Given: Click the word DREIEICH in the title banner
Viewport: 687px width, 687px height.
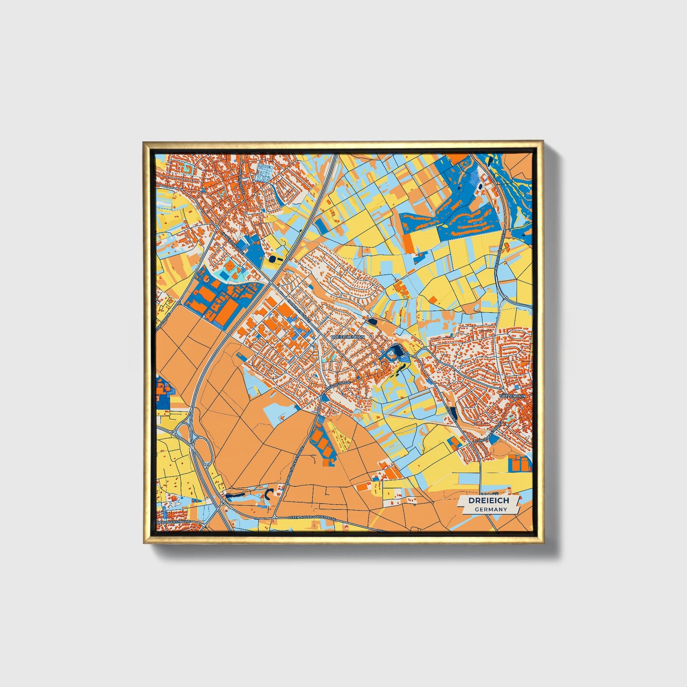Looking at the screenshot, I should click(488, 501).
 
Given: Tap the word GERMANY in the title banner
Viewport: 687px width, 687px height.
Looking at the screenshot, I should click(491, 509).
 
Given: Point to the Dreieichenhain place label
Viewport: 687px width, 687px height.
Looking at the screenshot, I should click(347, 337).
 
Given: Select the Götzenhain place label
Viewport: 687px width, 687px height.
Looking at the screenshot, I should click(513, 396).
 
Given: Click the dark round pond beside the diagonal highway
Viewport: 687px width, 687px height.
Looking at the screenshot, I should click(273, 259).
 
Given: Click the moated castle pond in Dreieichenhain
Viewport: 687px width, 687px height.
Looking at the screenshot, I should click(393, 354).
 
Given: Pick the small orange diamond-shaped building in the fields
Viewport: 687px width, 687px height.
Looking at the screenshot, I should click(434, 299).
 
